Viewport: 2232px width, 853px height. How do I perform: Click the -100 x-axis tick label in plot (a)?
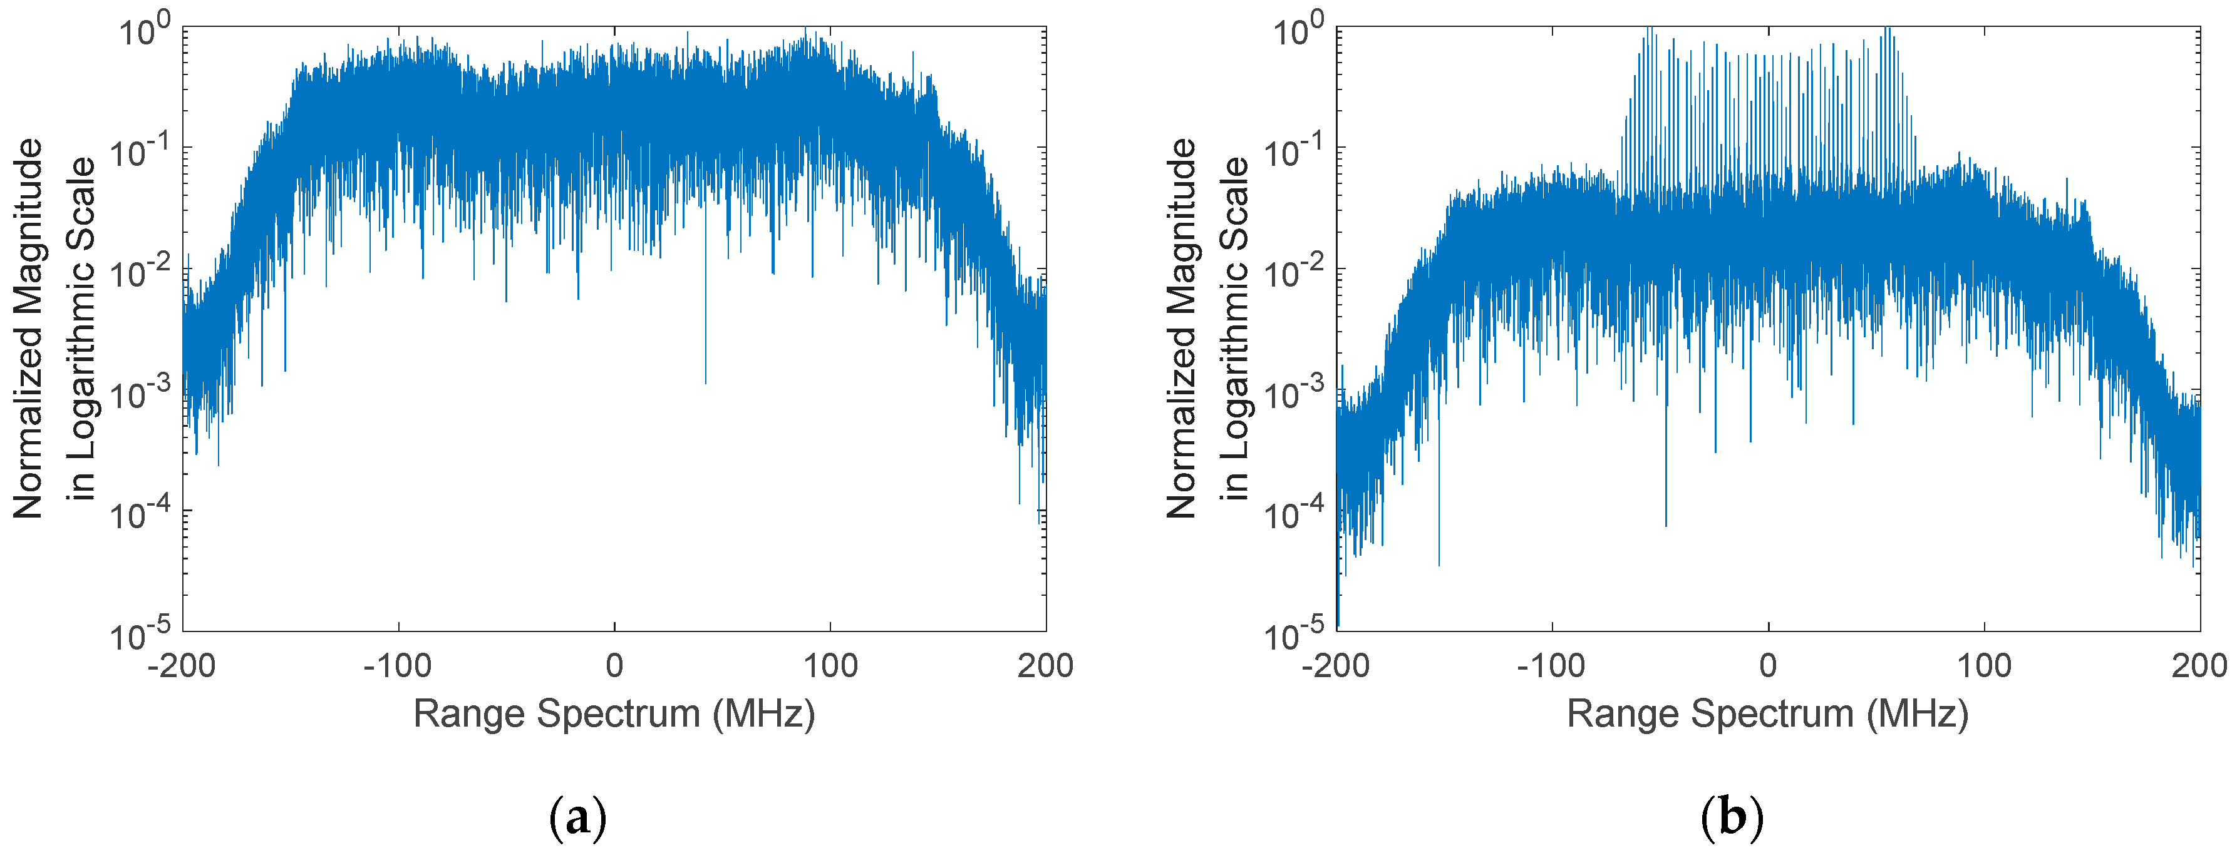[x=398, y=666]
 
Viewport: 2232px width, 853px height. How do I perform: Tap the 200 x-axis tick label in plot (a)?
[x=1045, y=666]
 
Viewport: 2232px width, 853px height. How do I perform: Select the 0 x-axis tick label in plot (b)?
[x=1767, y=666]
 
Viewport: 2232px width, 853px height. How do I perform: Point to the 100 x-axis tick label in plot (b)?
[x=1984, y=666]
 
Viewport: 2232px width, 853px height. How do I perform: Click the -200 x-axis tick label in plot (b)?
[x=1335, y=666]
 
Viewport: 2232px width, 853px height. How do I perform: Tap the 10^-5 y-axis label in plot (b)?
[x=1294, y=634]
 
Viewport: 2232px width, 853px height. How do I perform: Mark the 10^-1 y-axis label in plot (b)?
[x=1294, y=151]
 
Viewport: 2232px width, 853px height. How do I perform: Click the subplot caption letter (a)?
[x=578, y=817]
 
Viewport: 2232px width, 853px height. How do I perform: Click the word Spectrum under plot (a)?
[x=617, y=715]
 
